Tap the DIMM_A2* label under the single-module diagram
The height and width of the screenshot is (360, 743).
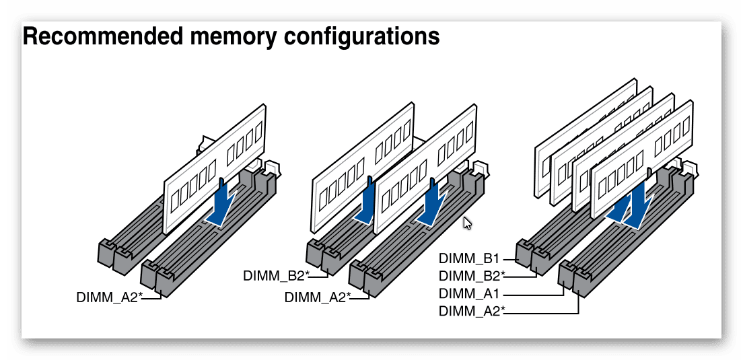point(109,297)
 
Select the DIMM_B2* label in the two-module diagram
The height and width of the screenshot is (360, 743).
point(276,275)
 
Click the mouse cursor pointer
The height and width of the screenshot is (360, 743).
point(467,223)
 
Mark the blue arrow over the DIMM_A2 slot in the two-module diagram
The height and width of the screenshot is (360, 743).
point(431,205)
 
